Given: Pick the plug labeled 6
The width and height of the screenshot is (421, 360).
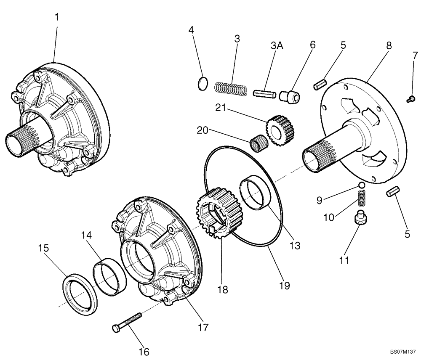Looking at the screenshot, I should (290, 96).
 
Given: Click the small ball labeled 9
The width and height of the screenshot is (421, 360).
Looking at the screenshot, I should (361, 185).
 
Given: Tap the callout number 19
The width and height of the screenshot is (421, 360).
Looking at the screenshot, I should (285, 286).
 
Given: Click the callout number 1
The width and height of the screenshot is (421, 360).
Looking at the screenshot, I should (57, 17).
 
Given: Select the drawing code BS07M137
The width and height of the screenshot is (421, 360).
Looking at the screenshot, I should (402, 351).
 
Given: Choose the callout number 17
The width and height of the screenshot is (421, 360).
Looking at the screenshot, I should (203, 327).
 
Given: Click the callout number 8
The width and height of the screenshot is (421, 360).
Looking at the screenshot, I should (388, 45).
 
